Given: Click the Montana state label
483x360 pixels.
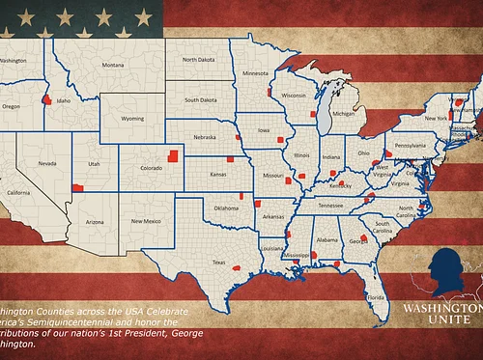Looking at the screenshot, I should pyautogui.click(x=113, y=66).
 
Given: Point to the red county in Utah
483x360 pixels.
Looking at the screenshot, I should pyautogui.click(x=77, y=188).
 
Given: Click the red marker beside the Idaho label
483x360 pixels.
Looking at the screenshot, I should pyautogui.click(x=46, y=99).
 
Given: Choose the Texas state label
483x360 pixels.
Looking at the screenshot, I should pyautogui.click(x=218, y=263).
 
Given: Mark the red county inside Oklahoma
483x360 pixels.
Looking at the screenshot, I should pyautogui.click(x=258, y=204).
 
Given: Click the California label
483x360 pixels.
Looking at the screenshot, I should pyautogui.click(x=19, y=193).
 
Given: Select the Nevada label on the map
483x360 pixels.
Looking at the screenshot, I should pyautogui.click(x=46, y=163).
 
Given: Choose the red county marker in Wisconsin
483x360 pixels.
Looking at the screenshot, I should pyautogui.click(x=312, y=114).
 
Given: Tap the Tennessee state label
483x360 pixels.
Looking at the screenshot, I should pyautogui.click(x=330, y=206).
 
